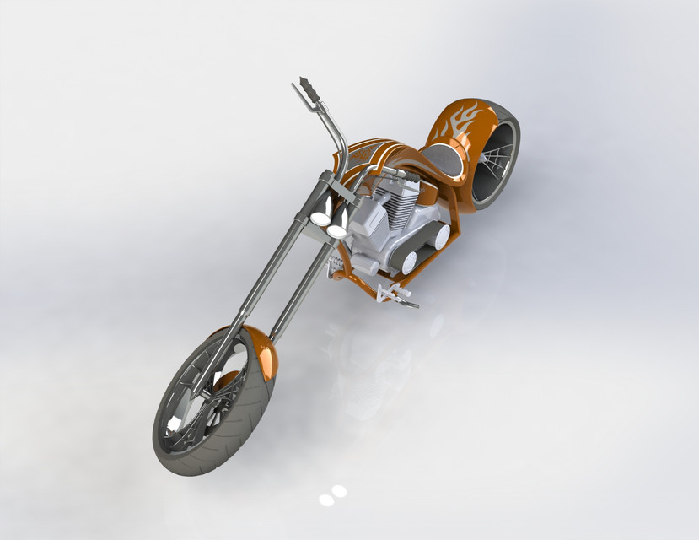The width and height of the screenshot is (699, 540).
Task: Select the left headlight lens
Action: click(x=320, y=219)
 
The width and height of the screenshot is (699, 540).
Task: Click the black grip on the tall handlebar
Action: click(x=305, y=89)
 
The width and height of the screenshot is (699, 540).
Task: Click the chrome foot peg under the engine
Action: click(x=396, y=294)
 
